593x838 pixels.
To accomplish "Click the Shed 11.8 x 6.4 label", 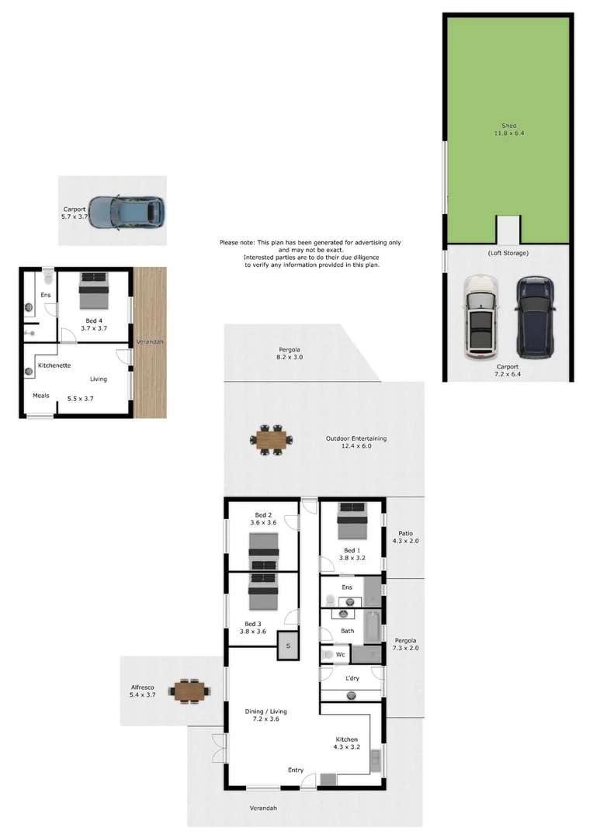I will pos(508,129).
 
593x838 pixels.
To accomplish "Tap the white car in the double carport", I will pos(482,317).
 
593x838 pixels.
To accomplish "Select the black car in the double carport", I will pos(536,317).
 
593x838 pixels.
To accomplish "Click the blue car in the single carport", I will pos(126,211).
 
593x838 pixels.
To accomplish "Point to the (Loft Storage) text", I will pos(508,253).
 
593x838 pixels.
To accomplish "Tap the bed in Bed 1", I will pos(352,521).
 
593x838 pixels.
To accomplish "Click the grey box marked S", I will pos(288,646).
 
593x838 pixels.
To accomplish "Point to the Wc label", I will pos(340,655).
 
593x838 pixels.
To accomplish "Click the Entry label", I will pos(296,770).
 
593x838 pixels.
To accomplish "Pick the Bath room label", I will pos(347,631).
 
